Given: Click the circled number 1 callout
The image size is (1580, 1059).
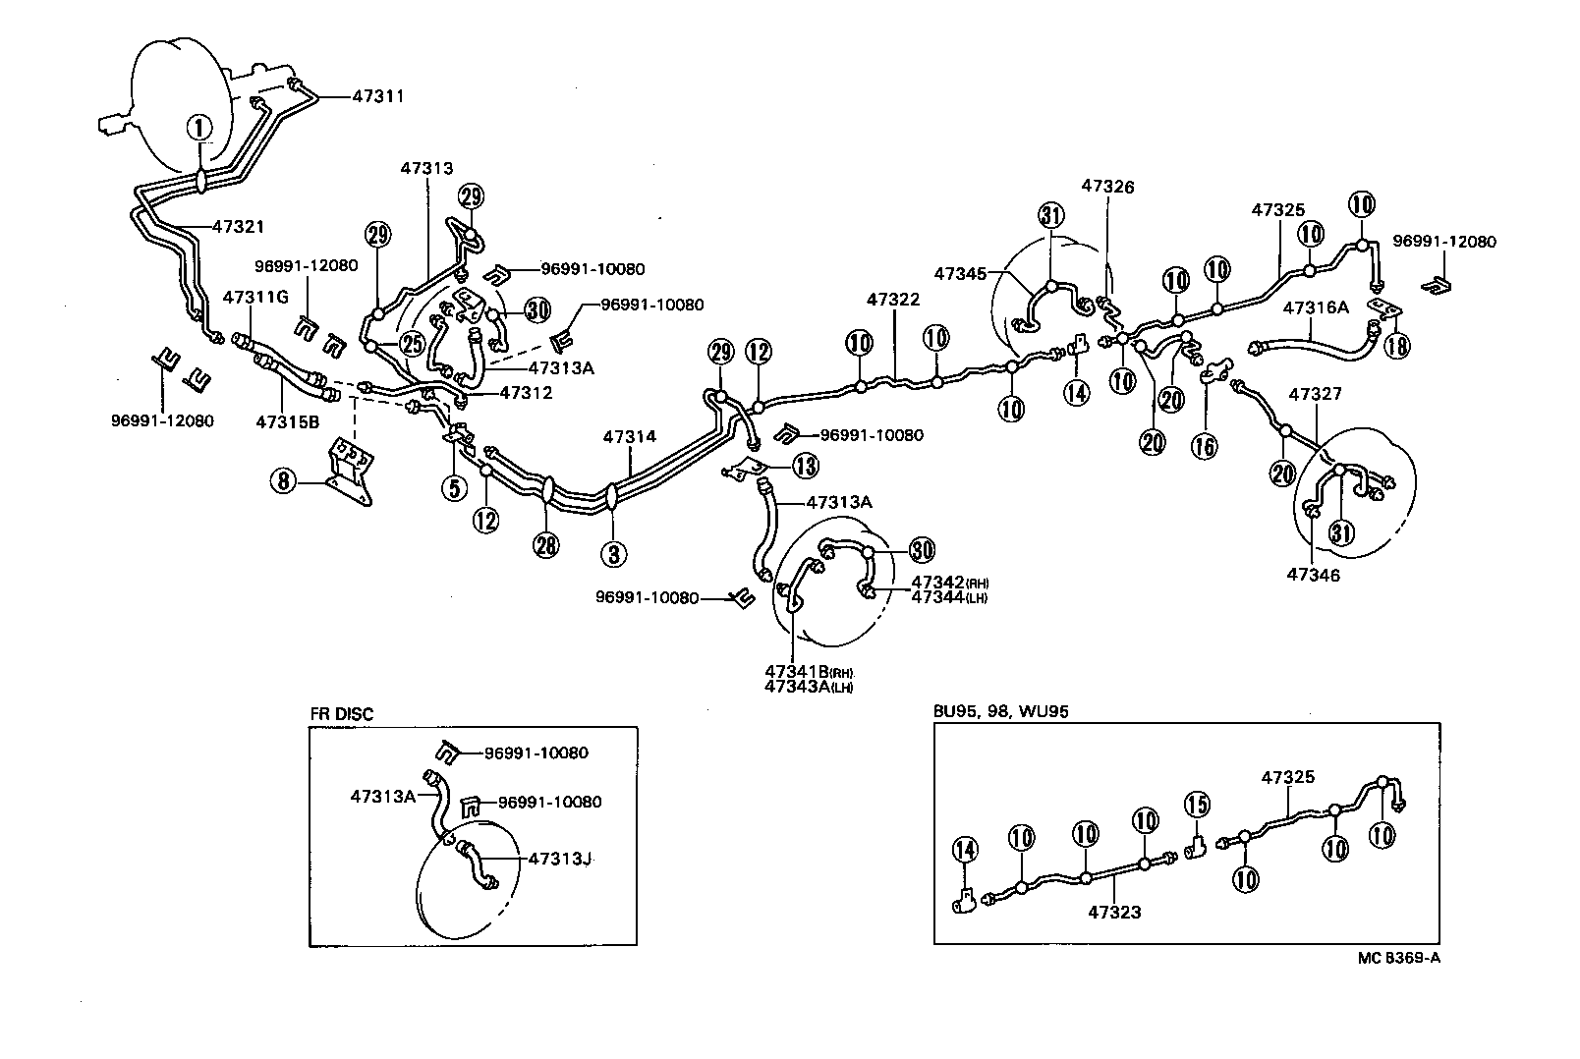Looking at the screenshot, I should (x=199, y=127).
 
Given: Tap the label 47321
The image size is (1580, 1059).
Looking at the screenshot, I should (x=239, y=226).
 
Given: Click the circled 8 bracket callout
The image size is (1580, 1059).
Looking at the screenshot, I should (x=283, y=481).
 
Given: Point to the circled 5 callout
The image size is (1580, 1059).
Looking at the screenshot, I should (x=454, y=485).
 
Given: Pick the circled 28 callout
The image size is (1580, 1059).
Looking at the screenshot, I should (x=546, y=544).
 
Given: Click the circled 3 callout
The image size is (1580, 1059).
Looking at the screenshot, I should (x=614, y=554).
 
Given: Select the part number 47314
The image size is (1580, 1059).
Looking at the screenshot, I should (x=629, y=436).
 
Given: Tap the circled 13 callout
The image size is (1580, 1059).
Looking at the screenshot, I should (x=806, y=466).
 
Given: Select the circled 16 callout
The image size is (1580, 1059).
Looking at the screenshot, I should (x=1205, y=445).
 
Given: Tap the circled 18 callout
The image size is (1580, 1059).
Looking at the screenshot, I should (x=1395, y=345).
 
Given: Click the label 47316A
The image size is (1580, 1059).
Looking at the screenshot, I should (x=1316, y=307).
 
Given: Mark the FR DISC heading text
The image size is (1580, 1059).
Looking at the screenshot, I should (x=341, y=714).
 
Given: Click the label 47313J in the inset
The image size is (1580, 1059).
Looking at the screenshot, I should (x=559, y=859).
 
